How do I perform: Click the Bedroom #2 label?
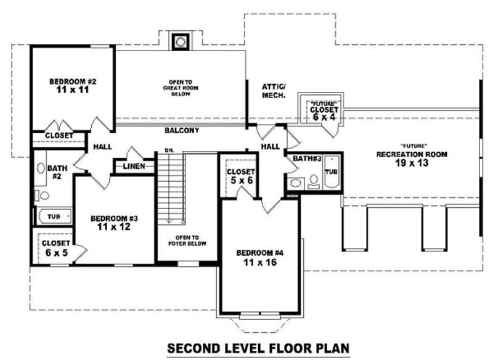click(x=73, y=81)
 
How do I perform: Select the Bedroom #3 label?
click(x=113, y=218)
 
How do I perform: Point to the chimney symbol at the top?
click(x=180, y=41)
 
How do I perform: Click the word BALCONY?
click(x=181, y=131)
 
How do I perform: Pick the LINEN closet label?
click(x=134, y=166)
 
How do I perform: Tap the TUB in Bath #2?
click(x=54, y=217)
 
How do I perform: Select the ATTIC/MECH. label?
click(x=273, y=91)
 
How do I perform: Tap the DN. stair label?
click(x=169, y=150)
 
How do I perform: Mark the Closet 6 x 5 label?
click(x=55, y=247)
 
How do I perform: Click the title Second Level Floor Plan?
click(x=258, y=348)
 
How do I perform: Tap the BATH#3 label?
click(x=307, y=158)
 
